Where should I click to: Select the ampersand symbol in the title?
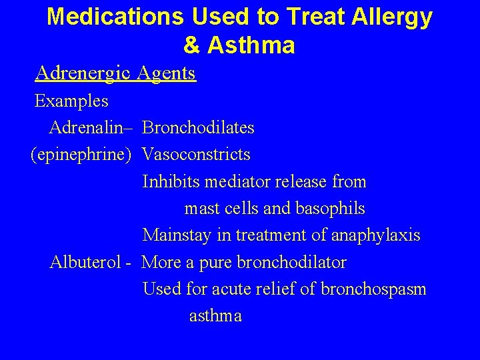point(191,45)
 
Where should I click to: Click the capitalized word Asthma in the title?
point(251,45)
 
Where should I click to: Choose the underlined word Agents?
point(166,73)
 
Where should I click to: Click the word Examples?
point(71,101)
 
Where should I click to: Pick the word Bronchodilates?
point(198,127)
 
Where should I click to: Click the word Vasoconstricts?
point(197,155)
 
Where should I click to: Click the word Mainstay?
point(175,235)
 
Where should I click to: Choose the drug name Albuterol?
point(84,262)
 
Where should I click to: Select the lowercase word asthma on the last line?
point(215,316)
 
